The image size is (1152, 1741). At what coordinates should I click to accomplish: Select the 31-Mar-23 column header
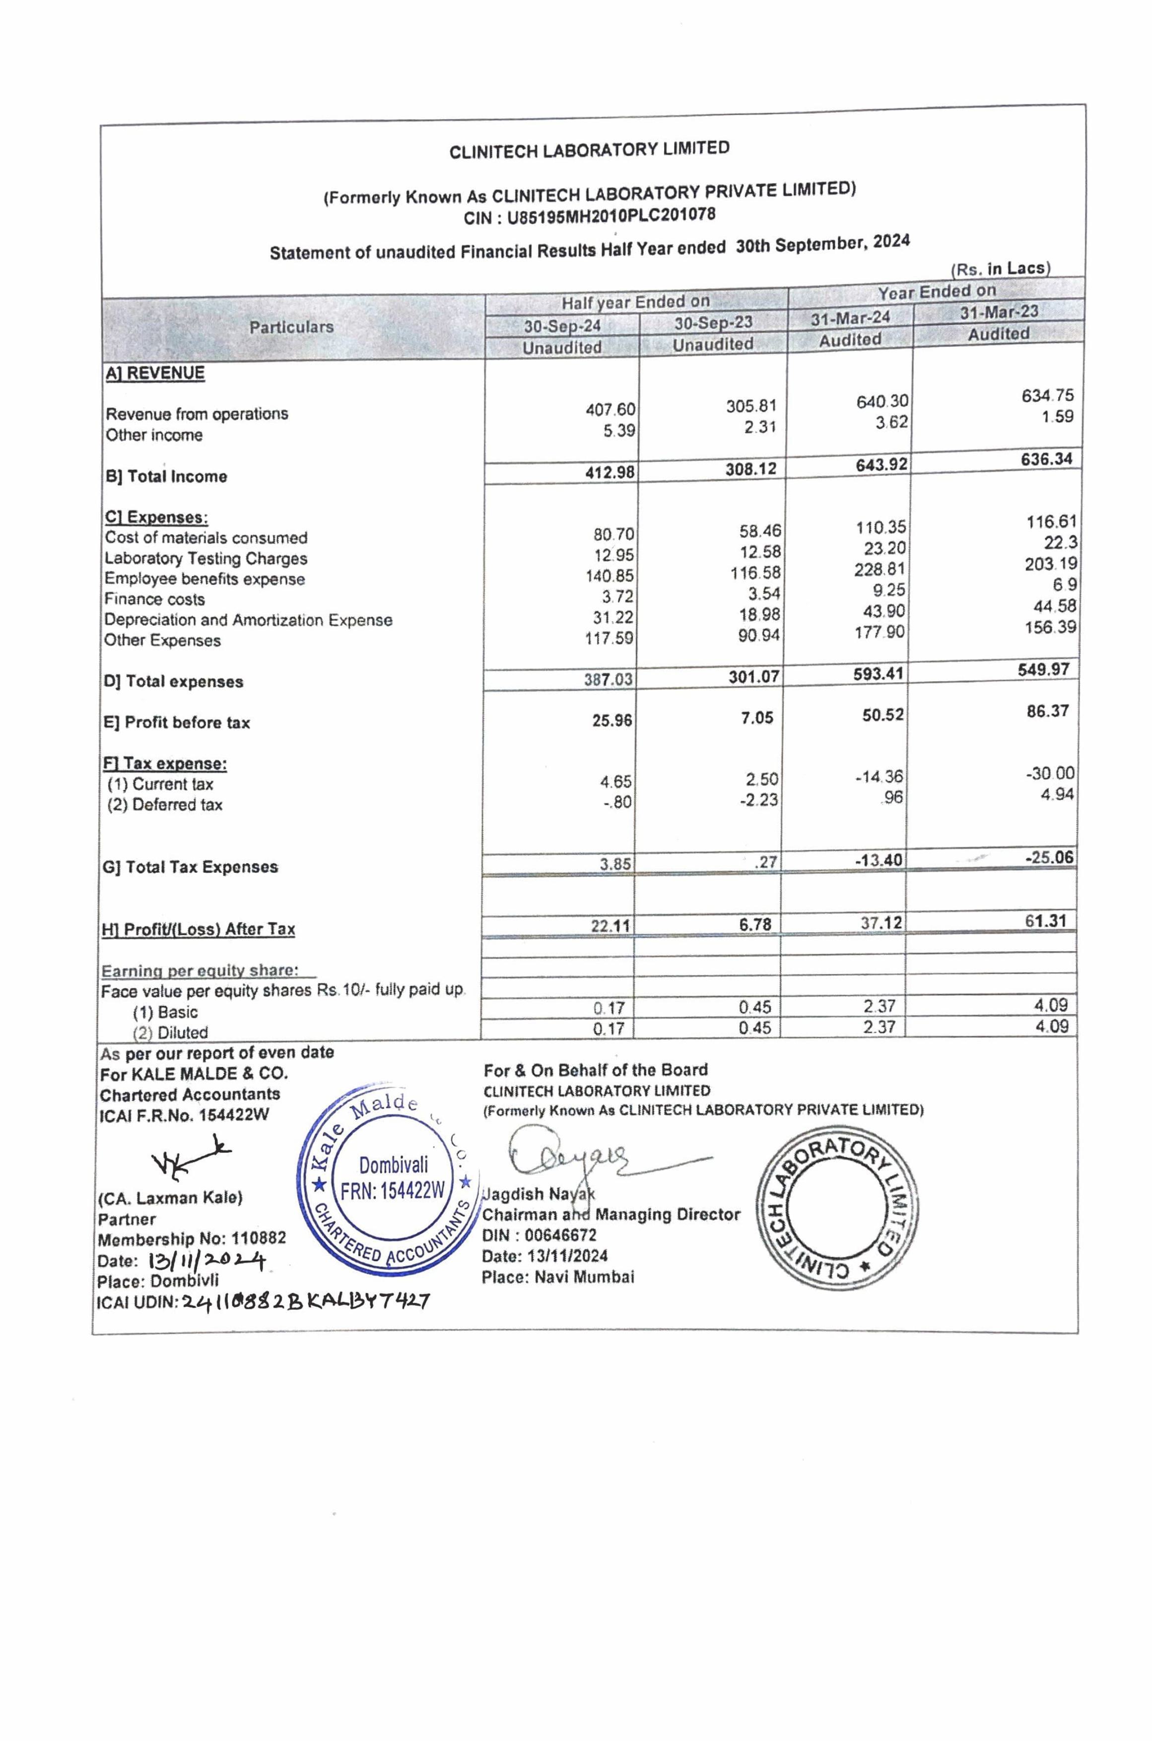(x=999, y=312)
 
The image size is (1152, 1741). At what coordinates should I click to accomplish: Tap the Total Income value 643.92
(x=881, y=465)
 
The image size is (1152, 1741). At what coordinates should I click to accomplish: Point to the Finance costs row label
(x=154, y=599)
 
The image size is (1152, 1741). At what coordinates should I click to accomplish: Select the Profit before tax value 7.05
(x=757, y=717)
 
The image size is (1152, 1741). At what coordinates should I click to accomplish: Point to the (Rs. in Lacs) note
(x=1000, y=269)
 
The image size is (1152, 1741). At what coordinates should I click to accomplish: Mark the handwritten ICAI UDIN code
(x=305, y=1302)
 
